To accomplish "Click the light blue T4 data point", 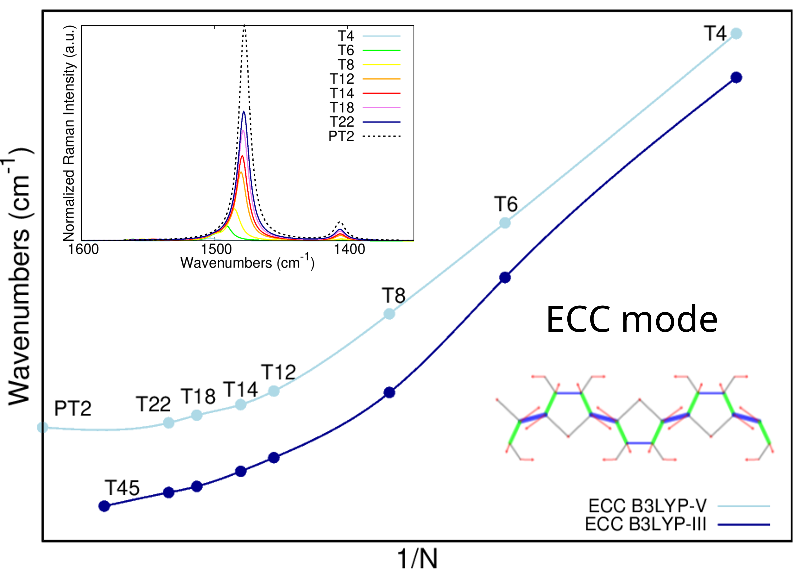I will pos(736,34).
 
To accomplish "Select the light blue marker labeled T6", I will pos(505,223).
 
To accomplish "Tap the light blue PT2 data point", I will pos(42,427).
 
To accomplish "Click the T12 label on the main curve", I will pos(278,372).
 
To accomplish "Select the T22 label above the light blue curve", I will pos(153,404).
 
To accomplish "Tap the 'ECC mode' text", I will pos(632,319).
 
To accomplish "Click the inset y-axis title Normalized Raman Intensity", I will pos(69,133).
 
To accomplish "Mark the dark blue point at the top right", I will pos(736,77).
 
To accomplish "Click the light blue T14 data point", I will pos(240,404).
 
